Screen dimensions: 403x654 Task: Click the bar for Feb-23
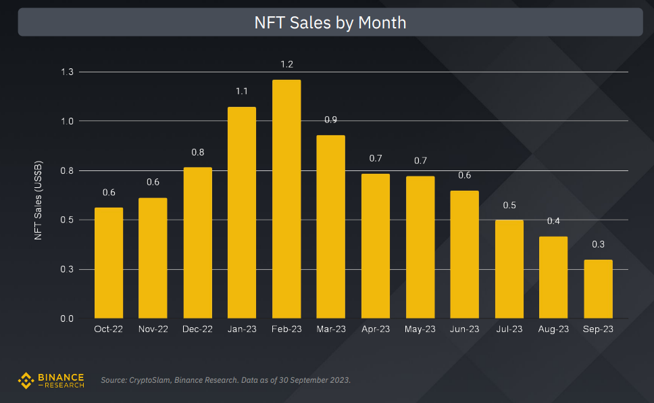pyautogui.click(x=286, y=199)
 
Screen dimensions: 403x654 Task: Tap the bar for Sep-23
pyautogui.click(x=598, y=289)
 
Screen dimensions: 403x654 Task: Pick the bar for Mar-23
pyautogui.click(x=331, y=227)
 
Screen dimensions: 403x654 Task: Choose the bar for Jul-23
pyautogui.click(x=509, y=268)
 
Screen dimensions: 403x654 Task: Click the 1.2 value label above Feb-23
pyautogui.click(x=286, y=64)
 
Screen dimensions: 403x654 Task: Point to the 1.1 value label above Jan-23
pyautogui.click(x=242, y=91)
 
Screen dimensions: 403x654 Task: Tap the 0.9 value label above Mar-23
pyautogui.click(x=331, y=120)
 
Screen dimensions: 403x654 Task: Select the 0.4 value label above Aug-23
pyautogui.click(x=553, y=221)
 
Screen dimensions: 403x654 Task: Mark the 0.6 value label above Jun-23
pyautogui.click(x=464, y=175)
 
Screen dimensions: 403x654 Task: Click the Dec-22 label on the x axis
pyautogui.click(x=197, y=329)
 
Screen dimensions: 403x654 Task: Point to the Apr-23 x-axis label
pyautogui.click(x=375, y=329)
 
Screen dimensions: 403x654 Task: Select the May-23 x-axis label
pyautogui.click(x=420, y=329)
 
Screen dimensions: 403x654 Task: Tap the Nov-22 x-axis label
pyautogui.click(x=153, y=329)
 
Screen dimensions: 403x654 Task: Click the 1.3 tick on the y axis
pyautogui.click(x=67, y=72)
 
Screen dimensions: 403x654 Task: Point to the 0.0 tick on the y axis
pyautogui.click(x=67, y=318)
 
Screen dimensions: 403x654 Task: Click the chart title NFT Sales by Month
pyautogui.click(x=330, y=22)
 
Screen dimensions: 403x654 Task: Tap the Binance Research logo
pyautogui.click(x=51, y=380)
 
